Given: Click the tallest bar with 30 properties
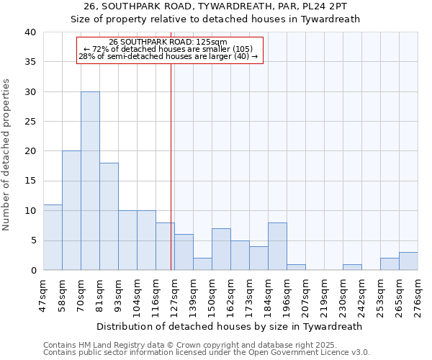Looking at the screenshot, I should pos(90,181).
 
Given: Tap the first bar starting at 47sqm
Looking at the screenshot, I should pos(53,238).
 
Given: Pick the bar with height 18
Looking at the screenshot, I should pos(109,216).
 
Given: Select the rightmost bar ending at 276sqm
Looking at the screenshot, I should pos(408,261).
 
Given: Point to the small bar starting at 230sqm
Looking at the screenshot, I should pos(352,267).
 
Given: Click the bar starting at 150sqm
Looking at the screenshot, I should pos(221,249).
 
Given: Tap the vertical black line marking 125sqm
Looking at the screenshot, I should pos(171,166).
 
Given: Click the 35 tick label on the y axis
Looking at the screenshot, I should pos(30,62).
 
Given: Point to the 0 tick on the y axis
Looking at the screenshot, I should pos(32,270).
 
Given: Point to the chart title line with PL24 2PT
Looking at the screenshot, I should pos(215,6).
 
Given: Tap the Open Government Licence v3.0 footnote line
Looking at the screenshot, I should pos(207,352).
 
